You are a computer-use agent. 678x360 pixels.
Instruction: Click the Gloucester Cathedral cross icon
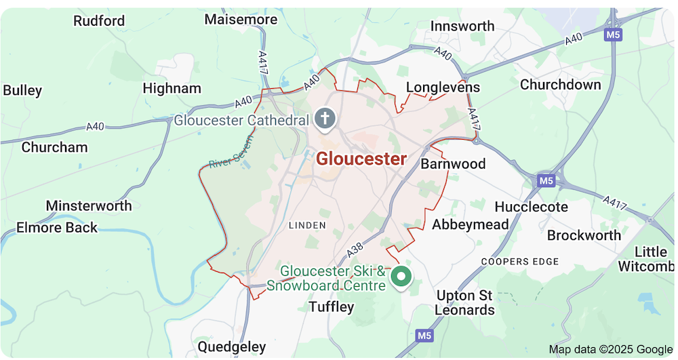click(x=326, y=119)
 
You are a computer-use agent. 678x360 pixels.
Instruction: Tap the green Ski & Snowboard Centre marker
click(x=402, y=276)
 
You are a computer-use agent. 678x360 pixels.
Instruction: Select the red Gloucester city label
click(x=361, y=159)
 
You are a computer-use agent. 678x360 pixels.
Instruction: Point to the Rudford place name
click(x=99, y=21)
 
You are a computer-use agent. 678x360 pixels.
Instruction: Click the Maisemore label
click(x=241, y=20)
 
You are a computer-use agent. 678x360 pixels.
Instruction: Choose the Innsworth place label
click(x=463, y=26)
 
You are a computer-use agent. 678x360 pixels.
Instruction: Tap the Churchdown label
click(x=560, y=85)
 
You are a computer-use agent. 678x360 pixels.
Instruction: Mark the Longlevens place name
click(x=443, y=87)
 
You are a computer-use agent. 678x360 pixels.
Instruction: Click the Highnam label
click(x=172, y=88)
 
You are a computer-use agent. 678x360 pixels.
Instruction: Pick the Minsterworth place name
click(x=89, y=205)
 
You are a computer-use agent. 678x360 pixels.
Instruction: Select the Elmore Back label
click(x=57, y=227)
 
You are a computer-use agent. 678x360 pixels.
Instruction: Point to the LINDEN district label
click(x=307, y=225)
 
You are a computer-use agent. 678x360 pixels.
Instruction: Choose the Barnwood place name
click(x=454, y=164)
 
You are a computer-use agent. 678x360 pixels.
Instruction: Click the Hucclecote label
click(x=532, y=207)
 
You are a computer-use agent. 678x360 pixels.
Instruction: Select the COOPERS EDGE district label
click(x=520, y=262)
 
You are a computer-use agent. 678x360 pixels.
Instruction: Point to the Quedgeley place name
click(x=232, y=346)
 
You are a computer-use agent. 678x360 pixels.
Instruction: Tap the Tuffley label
click(x=332, y=307)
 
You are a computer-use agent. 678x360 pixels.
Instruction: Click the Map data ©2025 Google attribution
click(x=610, y=349)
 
